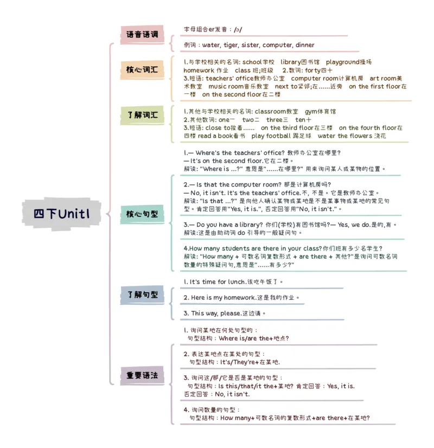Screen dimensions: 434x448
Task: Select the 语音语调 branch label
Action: (142, 35)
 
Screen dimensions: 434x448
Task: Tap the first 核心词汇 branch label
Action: (142, 70)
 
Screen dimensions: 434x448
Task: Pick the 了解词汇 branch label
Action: (142, 115)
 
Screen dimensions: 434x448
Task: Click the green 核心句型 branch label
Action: (142, 214)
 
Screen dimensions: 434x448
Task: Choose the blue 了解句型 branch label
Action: (142, 295)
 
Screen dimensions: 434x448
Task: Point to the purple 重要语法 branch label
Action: (142, 375)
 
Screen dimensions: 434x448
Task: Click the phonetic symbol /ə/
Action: (238, 29)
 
